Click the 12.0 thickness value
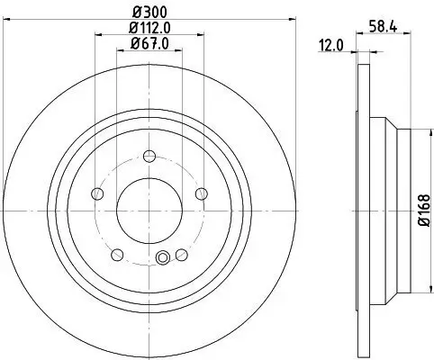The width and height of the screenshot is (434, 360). pyautogui.click(x=330, y=44)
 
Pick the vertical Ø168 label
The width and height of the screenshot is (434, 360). pyautogui.click(x=420, y=211)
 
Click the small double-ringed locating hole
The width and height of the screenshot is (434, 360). pyautogui.click(x=163, y=260)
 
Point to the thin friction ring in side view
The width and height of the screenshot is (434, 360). pyautogui.click(x=363, y=211)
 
